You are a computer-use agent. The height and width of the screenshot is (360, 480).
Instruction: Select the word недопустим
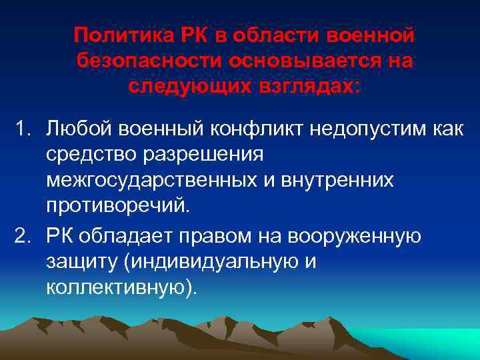tap(369, 129)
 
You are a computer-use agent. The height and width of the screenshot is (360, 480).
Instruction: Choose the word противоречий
tap(118, 207)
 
